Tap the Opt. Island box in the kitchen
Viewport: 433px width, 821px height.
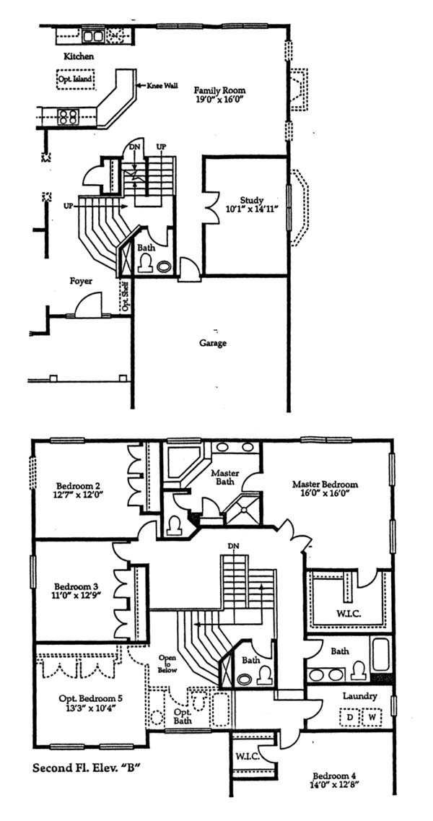point(75,79)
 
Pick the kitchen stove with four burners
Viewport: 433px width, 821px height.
point(68,116)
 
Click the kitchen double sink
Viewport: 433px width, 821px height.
point(93,35)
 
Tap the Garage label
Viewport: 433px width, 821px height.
point(213,344)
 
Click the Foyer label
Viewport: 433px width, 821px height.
point(81,281)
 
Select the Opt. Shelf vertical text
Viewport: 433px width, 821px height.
point(125,297)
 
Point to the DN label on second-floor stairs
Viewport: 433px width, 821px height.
point(234,546)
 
